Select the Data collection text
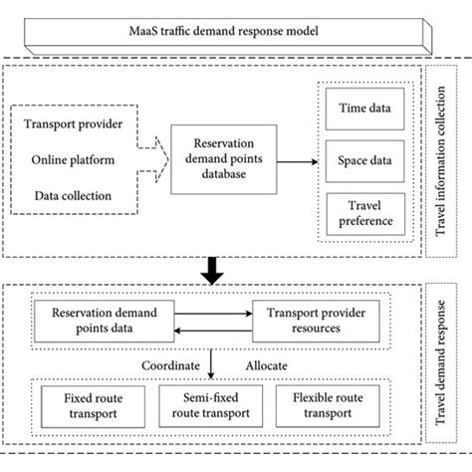(81, 192)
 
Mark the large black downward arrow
(213, 268)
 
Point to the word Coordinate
(168, 366)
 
